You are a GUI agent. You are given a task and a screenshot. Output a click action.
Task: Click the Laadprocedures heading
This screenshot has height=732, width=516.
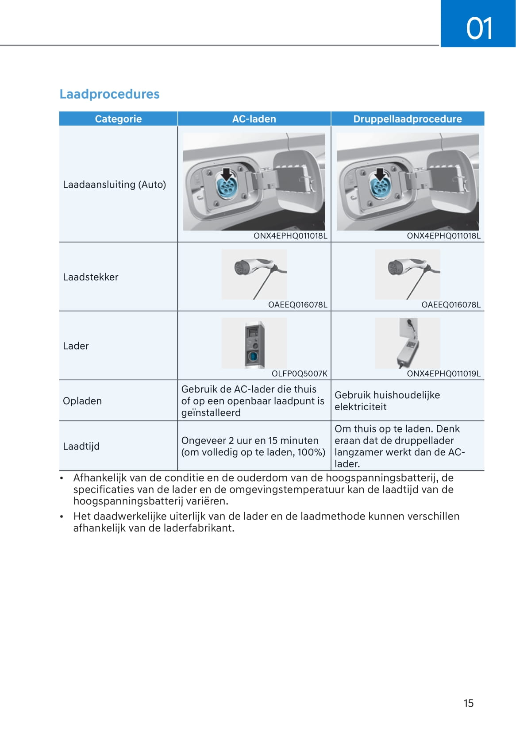(109, 94)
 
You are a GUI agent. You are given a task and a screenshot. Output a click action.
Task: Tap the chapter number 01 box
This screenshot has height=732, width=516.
(478, 23)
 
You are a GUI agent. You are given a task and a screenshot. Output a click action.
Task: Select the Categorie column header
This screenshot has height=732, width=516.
(118, 119)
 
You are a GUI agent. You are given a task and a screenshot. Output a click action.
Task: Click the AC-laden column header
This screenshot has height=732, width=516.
(254, 119)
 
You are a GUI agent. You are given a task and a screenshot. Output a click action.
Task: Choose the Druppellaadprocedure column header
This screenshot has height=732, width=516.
(407, 119)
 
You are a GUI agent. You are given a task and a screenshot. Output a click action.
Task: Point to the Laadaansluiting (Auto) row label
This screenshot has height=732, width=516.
(114, 185)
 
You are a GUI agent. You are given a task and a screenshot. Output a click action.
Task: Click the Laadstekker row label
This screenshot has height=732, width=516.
(91, 277)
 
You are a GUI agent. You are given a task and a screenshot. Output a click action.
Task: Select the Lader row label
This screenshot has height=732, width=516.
(76, 346)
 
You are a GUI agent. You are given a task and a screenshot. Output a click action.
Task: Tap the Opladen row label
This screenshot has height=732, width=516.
(82, 401)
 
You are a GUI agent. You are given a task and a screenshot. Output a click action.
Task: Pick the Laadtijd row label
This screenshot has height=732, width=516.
(81, 446)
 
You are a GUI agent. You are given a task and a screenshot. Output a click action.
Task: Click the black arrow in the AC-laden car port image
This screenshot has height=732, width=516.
(227, 174)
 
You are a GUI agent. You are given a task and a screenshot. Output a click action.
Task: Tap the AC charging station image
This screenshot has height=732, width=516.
(254, 343)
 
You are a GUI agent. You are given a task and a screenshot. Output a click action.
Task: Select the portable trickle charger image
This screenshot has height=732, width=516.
(408, 343)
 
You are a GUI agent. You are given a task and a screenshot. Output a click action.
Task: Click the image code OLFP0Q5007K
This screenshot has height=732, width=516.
(299, 374)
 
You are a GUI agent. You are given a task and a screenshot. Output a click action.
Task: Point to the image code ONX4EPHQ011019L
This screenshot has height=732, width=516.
(443, 374)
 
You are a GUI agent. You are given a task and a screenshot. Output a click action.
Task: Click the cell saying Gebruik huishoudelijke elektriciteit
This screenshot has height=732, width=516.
(387, 401)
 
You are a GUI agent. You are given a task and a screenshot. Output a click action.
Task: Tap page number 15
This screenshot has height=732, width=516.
(468, 703)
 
